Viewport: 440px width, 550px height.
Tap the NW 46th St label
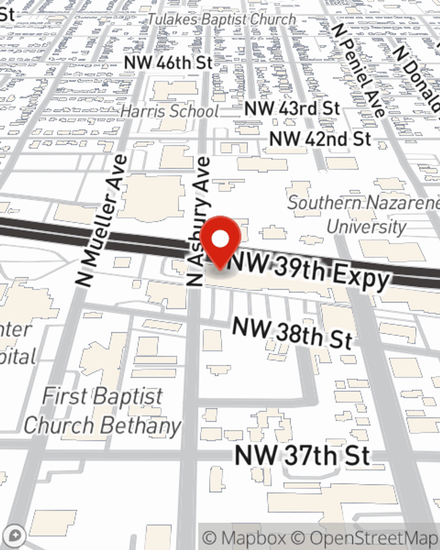169,63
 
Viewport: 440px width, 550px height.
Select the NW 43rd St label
292,109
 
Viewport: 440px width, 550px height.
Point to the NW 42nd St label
320,139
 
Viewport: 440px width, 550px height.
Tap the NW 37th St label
302,455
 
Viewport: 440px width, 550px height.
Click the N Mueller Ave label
102,221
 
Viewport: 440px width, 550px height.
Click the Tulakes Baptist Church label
221,19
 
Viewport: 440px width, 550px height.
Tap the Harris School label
169,111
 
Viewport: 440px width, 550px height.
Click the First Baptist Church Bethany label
102,411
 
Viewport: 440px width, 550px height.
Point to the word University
367,227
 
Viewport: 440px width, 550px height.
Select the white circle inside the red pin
220,239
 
